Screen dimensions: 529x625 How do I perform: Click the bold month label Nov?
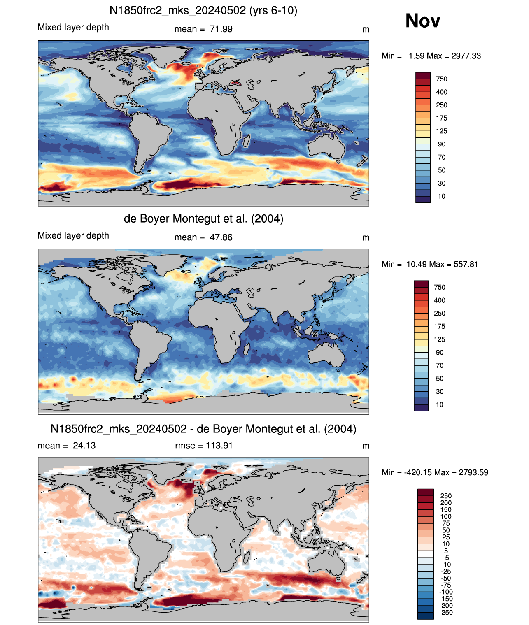[x=422, y=21]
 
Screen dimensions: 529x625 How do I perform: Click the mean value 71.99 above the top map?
[x=221, y=29]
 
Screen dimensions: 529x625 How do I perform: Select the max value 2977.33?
[x=466, y=56]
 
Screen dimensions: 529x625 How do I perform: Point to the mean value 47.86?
[x=221, y=237]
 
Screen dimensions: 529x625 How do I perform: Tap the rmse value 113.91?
[x=219, y=446]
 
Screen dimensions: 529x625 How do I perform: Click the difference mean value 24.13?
[x=84, y=446]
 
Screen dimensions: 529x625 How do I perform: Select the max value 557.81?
[x=466, y=264]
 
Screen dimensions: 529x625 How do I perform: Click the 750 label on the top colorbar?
[x=442, y=79]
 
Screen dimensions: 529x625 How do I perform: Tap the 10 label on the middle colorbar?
[x=440, y=404]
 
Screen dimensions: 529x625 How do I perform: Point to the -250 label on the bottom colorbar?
[x=446, y=613]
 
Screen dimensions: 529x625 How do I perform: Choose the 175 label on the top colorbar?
[x=442, y=118]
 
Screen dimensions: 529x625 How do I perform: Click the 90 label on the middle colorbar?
[x=440, y=352]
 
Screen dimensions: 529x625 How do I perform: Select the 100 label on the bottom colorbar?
[x=446, y=516]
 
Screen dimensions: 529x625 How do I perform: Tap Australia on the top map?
[x=326, y=145]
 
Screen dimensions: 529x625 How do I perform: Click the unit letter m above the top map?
[x=366, y=30]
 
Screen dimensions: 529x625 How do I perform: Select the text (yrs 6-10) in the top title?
[x=273, y=11]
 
